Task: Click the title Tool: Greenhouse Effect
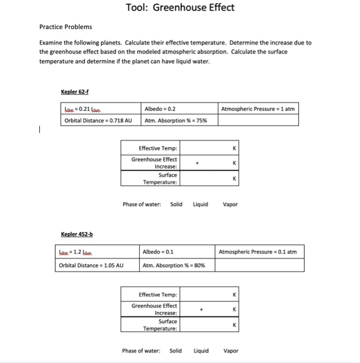point(180,8)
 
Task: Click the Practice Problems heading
point(66,26)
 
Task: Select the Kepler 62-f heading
point(75,92)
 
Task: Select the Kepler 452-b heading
point(77,234)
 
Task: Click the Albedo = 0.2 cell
point(160,109)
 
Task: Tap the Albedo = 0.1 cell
point(159,252)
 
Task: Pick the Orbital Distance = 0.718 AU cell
point(98,121)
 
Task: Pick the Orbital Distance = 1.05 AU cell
point(91,266)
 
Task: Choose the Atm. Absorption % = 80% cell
point(174,266)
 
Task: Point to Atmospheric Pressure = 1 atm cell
point(257,109)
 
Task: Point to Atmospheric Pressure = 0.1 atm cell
point(257,252)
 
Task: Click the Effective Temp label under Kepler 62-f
point(158,148)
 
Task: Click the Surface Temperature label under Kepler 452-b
point(161,325)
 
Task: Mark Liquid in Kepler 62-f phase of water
point(200,204)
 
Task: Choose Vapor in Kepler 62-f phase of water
point(230,204)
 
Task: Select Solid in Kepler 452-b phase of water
point(176,351)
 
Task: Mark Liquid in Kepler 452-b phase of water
point(201,351)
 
